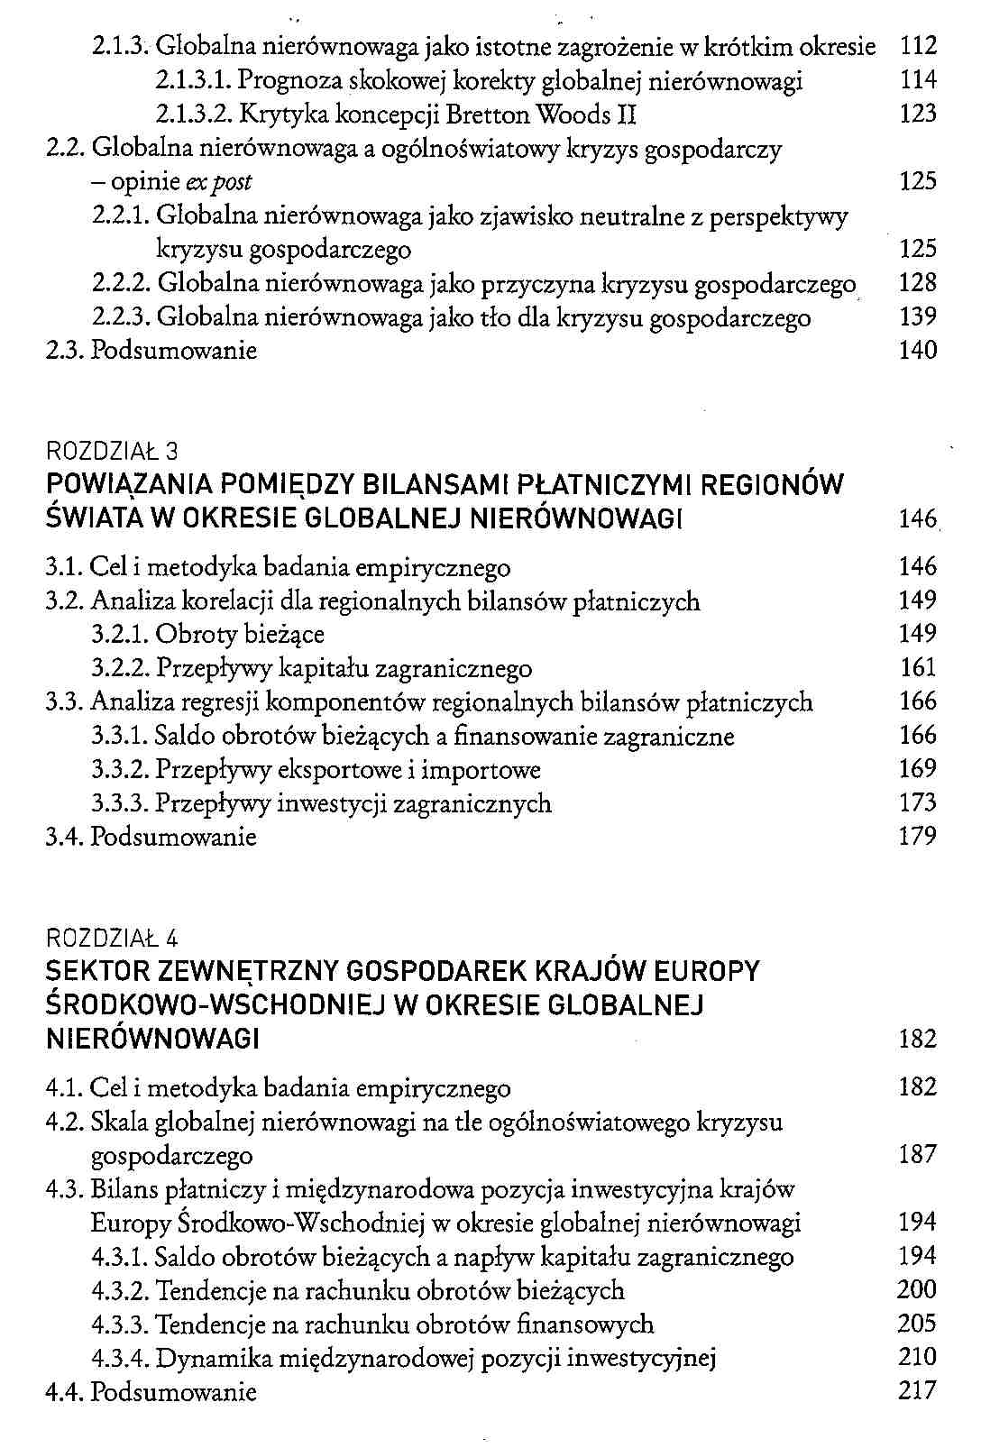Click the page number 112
click(919, 46)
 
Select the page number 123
click(919, 115)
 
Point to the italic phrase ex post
click(219, 182)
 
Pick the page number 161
click(919, 668)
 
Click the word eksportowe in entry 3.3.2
click(315, 770)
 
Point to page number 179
click(919, 837)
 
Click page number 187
click(919, 1155)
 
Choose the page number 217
click(919, 1391)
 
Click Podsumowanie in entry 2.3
click(174, 351)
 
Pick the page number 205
click(919, 1324)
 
